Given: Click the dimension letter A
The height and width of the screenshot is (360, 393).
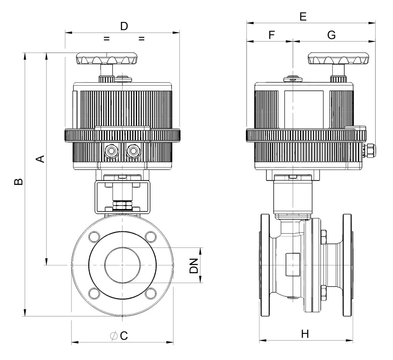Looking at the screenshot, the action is pos(41,159).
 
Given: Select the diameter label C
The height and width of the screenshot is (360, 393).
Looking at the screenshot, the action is pos(119,336).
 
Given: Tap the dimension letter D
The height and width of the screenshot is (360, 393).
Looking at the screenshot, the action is pos(124,26).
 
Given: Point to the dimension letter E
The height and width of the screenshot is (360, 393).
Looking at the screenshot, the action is pos(303,17).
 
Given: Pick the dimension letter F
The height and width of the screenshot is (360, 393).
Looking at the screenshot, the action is pos(272,35).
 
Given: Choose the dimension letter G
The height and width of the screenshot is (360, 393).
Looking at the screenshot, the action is pos(331,35).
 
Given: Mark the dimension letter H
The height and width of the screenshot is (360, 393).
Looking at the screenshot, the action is pos(305,334).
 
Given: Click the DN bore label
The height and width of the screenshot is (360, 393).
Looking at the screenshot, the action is pos(194,265).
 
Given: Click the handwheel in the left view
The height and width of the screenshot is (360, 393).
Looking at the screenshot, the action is pos(107,59).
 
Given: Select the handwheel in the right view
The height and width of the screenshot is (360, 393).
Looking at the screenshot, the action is pos(339,59).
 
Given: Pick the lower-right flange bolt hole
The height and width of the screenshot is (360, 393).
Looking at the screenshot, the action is pos(151,294).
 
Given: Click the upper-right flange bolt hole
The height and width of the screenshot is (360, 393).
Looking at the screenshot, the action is pos(151,237).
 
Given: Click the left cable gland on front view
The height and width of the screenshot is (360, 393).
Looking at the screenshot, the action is pos(111,151).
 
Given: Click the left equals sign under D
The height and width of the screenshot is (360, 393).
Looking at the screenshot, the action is pos(107,39).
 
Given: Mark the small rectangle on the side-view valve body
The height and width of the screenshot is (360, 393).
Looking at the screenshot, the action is pos(293,265).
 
